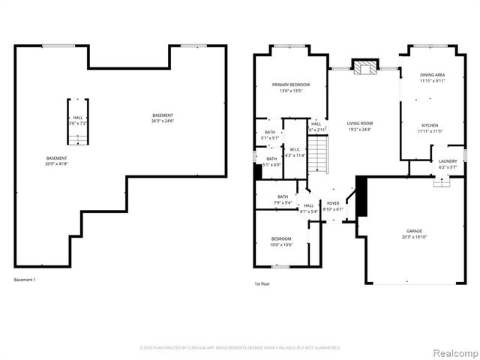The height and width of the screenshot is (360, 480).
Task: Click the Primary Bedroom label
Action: tap(290, 88)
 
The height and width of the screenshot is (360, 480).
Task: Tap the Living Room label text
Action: tap(359, 126)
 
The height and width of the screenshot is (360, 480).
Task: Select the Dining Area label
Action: tap(432, 77)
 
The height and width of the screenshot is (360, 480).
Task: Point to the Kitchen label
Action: tap(429, 128)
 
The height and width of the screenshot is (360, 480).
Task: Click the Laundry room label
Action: tap(448, 163)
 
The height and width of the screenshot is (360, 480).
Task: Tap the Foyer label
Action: tap(332, 206)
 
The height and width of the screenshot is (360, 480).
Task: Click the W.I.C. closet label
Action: tap(295, 152)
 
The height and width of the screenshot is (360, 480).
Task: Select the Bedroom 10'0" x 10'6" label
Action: tap(281, 241)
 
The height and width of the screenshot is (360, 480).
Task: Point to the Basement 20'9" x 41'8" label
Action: tap(57, 160)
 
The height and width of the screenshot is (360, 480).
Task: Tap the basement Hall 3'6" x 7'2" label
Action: tap(78, 120)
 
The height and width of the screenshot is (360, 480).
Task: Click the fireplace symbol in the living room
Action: tap(366, 69)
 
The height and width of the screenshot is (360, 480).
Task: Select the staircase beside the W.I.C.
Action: tap(320, 157)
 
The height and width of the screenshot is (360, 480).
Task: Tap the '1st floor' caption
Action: tap(262, 284)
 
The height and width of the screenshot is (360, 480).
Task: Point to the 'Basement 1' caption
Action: tap(25, 280)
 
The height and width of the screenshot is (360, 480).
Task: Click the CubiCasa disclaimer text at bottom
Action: tap(240, 348)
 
